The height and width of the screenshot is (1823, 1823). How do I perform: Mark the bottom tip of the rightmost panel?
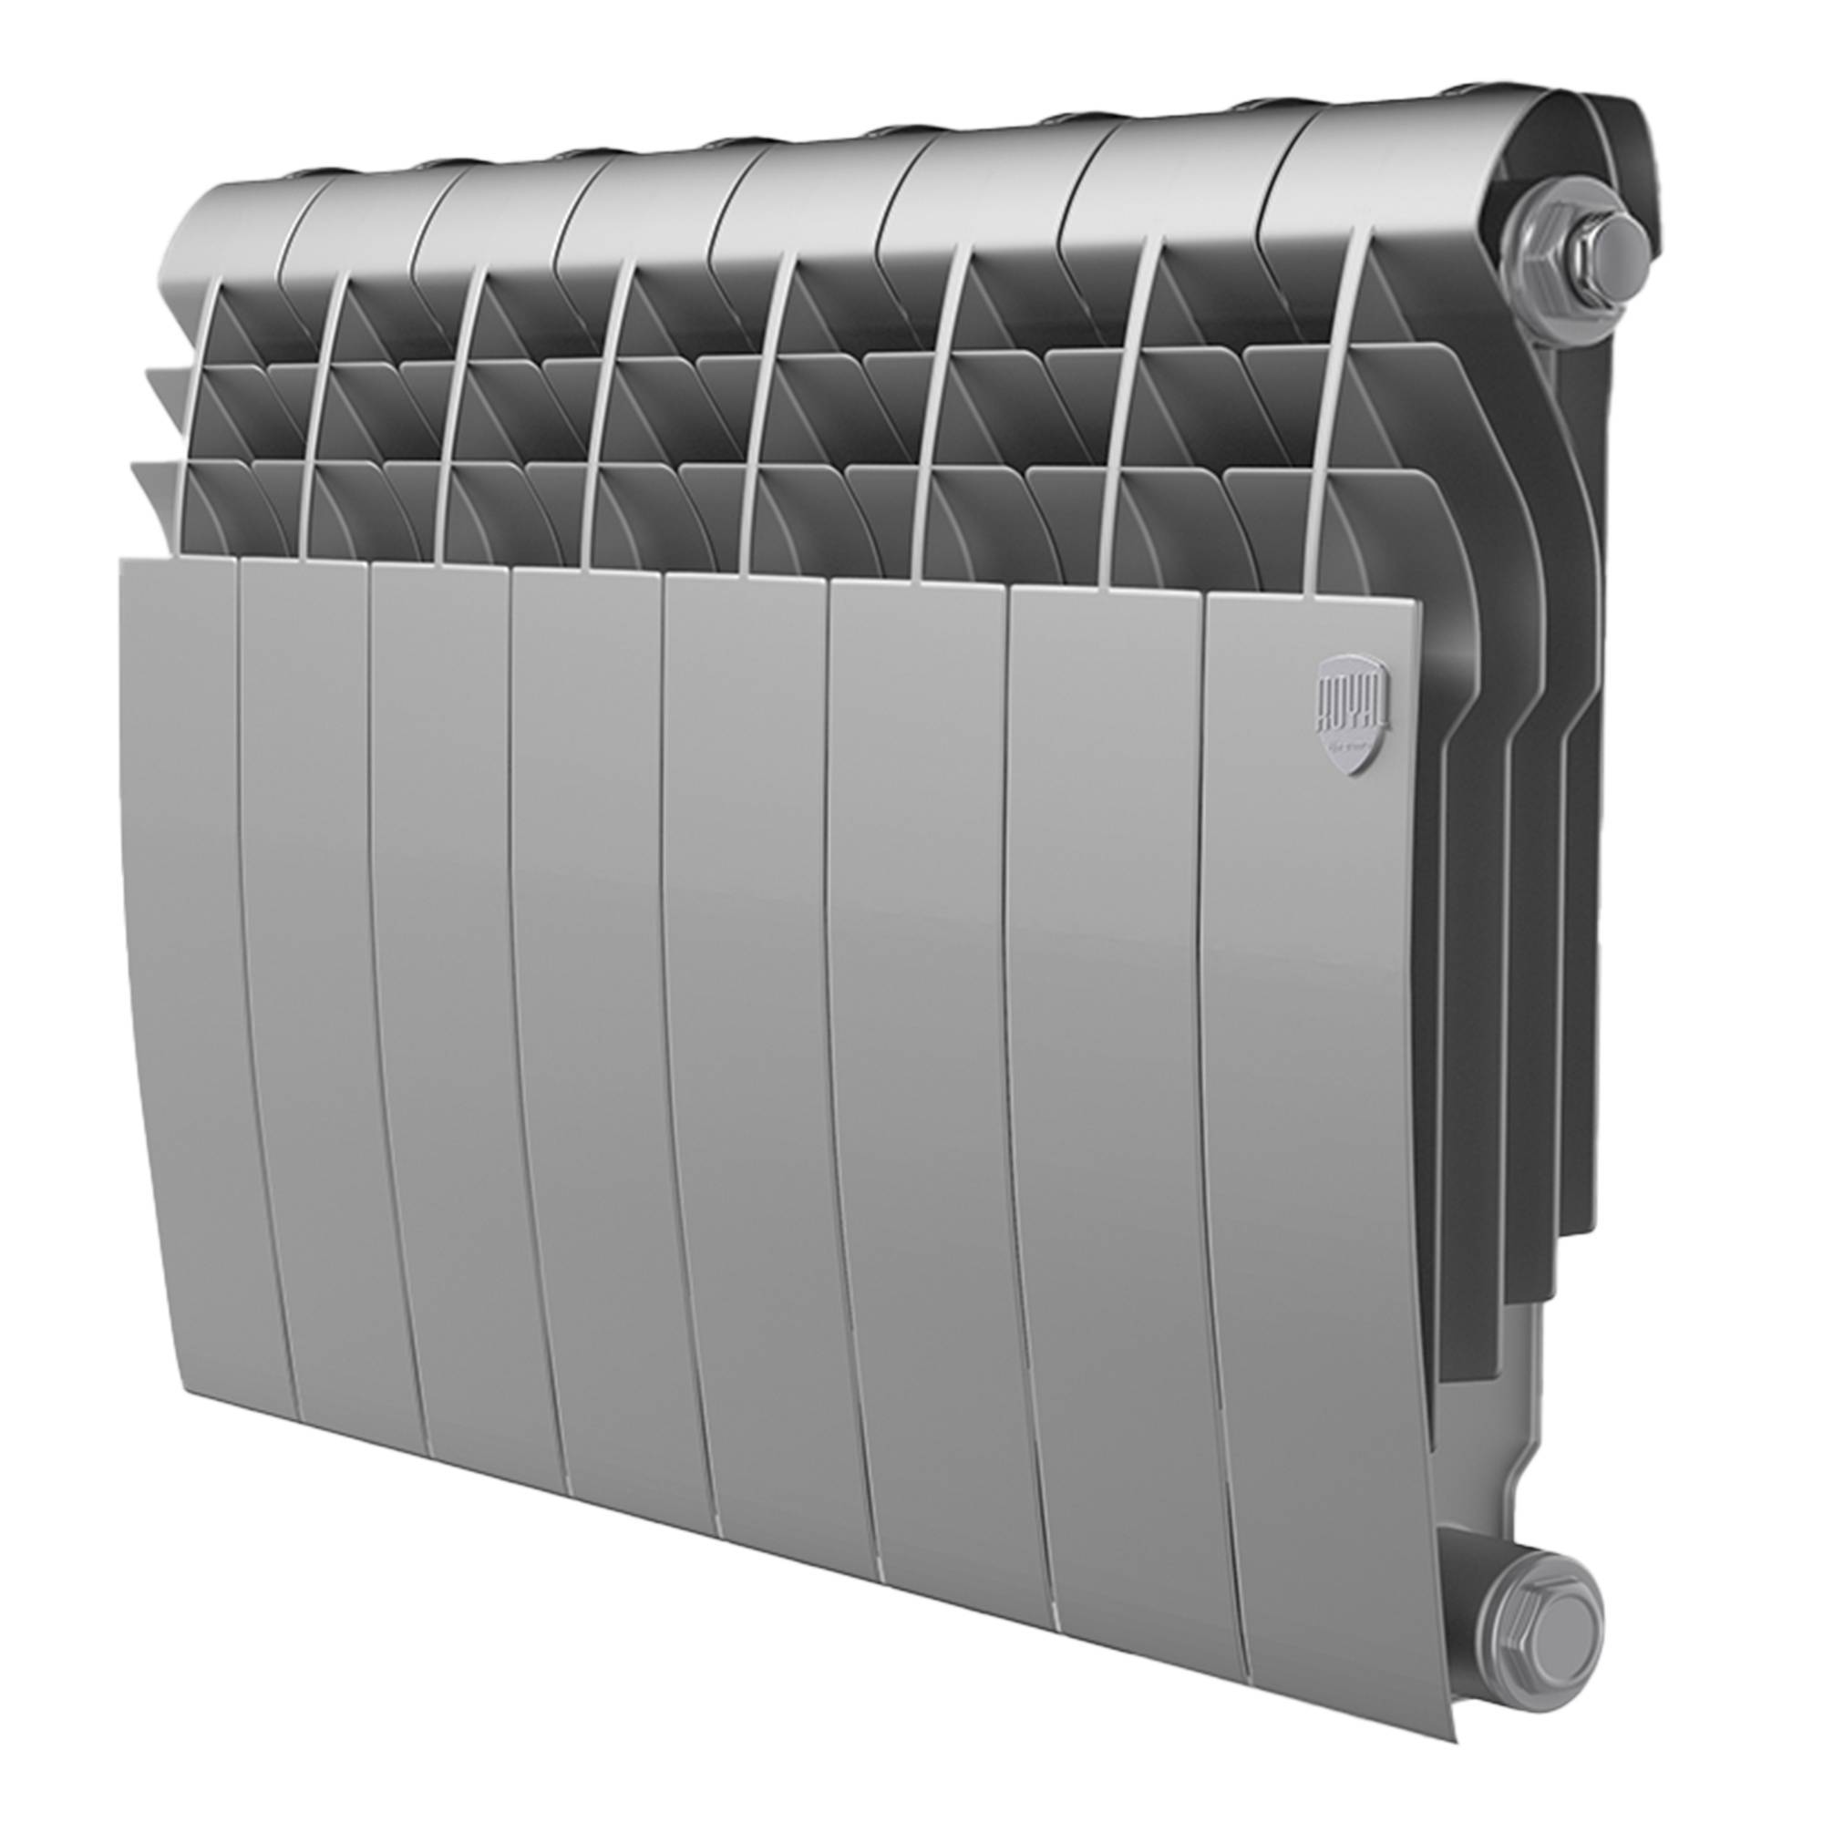coord(1429,1656)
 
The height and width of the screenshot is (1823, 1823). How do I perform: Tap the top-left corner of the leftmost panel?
coord(127,563)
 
